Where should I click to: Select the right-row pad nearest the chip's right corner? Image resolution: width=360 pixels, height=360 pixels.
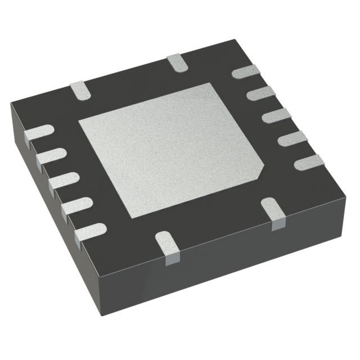pyautogui.click(x=308, y=162)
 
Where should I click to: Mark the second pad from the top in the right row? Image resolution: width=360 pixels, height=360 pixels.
pyautogui.click(x=260, y=93)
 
